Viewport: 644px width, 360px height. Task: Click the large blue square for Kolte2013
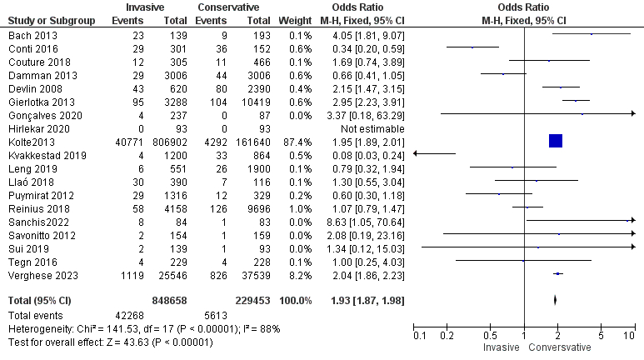point(556,141)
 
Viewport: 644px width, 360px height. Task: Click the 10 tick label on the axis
point(629,335)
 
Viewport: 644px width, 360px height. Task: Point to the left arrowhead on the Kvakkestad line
point(417,154)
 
